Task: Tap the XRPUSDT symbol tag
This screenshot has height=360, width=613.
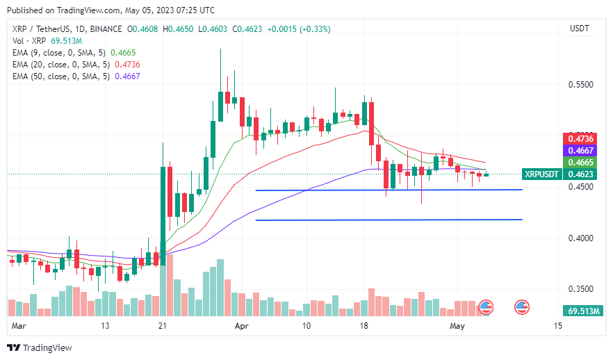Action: (x=540, y=174)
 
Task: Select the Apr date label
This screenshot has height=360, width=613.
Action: (x=242, y=325)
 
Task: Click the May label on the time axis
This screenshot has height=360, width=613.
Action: (x=457, y=325)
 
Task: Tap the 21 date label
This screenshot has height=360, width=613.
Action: (x=163, y=325)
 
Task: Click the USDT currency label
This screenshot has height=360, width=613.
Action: (x=580, y=28)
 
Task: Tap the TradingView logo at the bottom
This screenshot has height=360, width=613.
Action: (x=40, y=347)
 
